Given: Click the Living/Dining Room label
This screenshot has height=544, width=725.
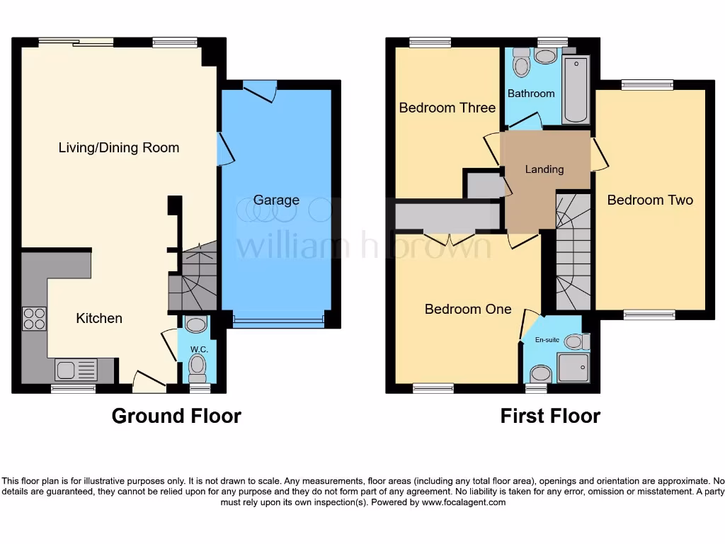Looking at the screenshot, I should click(119, 148).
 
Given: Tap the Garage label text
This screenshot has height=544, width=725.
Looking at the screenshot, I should click(276, 200).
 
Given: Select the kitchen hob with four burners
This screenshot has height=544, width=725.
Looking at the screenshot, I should click(33, 319).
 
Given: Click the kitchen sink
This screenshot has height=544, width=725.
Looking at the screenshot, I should click(76, 370).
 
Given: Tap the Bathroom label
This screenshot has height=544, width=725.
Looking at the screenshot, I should click(531, 93).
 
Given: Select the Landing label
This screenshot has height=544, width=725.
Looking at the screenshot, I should click(544, 169).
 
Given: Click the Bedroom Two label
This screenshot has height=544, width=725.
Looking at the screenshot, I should click(650, 200).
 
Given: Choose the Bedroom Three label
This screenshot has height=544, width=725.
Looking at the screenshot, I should click(447, 108).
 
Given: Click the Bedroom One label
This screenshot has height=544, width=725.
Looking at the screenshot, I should click(468, 309).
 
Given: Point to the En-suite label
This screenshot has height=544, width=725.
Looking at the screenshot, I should click(547, 340).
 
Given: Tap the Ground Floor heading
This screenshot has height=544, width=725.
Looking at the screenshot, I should click(176, 416).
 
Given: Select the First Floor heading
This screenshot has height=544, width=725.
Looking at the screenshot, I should click(550, 416).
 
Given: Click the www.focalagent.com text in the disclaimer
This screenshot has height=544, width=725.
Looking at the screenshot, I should click(464, 502).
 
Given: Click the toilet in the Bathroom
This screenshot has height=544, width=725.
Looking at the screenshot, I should click(522, 65).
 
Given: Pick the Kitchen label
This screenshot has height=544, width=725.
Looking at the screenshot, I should click(99, 318).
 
